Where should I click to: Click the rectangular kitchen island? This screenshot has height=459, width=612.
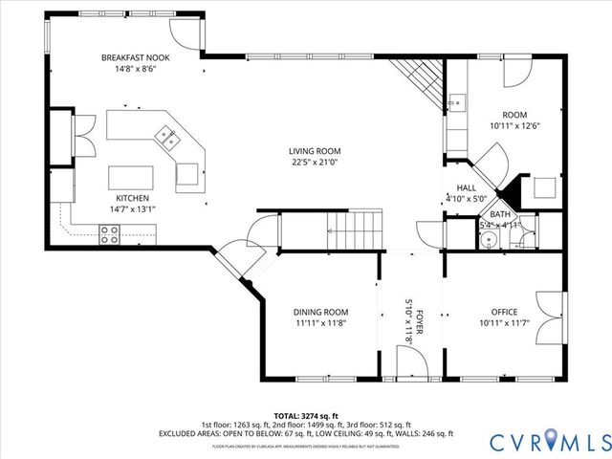130,178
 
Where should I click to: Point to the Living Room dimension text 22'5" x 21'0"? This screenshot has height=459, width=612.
315,163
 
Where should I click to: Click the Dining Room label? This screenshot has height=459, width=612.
320,312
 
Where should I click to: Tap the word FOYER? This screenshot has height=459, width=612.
419,322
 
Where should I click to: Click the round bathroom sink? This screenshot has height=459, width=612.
487,240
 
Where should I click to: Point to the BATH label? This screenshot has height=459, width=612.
500,214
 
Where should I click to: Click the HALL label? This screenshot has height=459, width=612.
466,188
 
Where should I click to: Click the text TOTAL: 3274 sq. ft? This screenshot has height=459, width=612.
305,415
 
